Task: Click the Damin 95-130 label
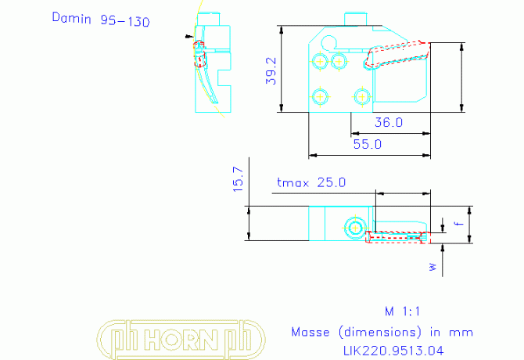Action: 101,19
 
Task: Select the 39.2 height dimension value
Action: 271,71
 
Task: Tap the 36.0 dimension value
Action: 389,122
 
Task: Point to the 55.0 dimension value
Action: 368,145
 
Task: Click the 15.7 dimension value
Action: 239,179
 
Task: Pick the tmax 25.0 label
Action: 311,182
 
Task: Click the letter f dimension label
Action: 460,223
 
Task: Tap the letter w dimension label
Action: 433,267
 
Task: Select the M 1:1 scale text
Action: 402,311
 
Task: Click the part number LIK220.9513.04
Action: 393,351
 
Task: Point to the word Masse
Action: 310,333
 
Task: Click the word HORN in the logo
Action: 181,340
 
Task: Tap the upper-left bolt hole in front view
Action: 320,62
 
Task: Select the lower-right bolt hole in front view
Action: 362,97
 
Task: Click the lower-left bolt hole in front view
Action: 320,97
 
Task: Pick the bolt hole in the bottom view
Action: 355,228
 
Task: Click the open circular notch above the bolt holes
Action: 321,43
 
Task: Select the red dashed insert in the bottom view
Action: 397,236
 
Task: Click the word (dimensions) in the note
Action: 380,333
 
